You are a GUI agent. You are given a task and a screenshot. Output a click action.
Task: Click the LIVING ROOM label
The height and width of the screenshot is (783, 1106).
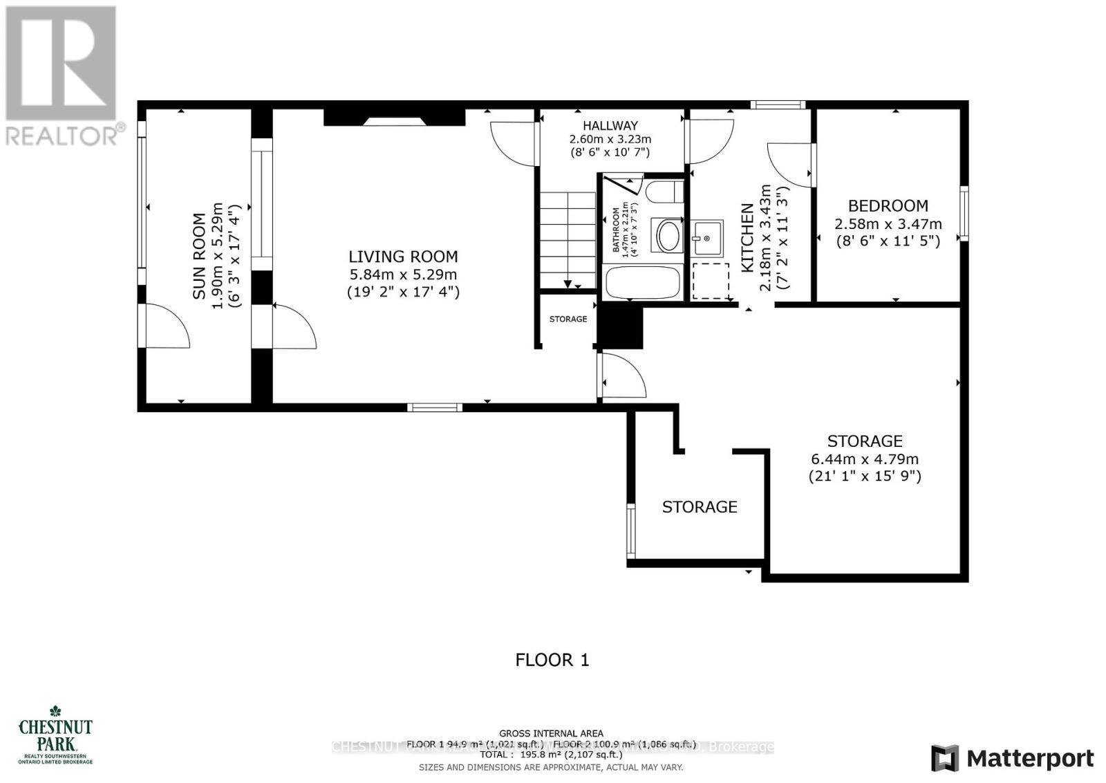pyautogui.click(x=403, y=257)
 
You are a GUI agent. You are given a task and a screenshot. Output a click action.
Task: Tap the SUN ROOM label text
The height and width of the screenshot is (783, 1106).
pyautogui.click(x=199, y=256)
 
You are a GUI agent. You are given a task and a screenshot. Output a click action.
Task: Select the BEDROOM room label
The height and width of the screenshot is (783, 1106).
pyautogui.click(x=888, y=206)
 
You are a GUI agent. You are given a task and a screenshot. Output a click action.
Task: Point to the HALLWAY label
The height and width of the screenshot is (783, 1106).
pyautogui.click(x=610, y=126)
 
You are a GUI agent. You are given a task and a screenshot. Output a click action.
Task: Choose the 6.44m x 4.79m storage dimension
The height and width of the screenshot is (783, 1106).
pyautogui.click(x=865, y=459)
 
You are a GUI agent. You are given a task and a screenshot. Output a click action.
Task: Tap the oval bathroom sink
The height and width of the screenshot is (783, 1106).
pyautogui.click(x=668, y=236)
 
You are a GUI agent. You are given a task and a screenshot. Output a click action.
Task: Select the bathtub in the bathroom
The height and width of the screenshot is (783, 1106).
pyautogui.click(x=643, y=283)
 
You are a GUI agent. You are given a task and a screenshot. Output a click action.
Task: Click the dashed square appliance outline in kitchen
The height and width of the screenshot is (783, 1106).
pyautogui.click(x=711, y=281)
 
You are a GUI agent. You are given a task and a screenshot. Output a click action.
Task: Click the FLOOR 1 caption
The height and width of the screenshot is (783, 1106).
pyautogui.click(x=552, y=660)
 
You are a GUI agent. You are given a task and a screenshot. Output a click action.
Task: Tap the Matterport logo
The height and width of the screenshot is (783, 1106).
pyautogui.click(x=1013, y=758)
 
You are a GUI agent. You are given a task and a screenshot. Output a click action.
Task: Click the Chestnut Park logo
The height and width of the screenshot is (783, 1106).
pyautogui.click(x=55, y=734)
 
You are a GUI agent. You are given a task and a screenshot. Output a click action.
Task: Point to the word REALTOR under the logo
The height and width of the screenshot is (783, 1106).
pyautogui.click(x=62, y=136)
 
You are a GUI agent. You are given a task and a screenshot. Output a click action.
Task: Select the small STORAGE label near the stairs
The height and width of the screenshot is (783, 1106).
pyautogui.click(x=568, y=319)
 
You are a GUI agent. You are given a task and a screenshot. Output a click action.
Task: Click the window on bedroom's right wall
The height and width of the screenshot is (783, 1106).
pyautogui.click(x=964, y=213)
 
